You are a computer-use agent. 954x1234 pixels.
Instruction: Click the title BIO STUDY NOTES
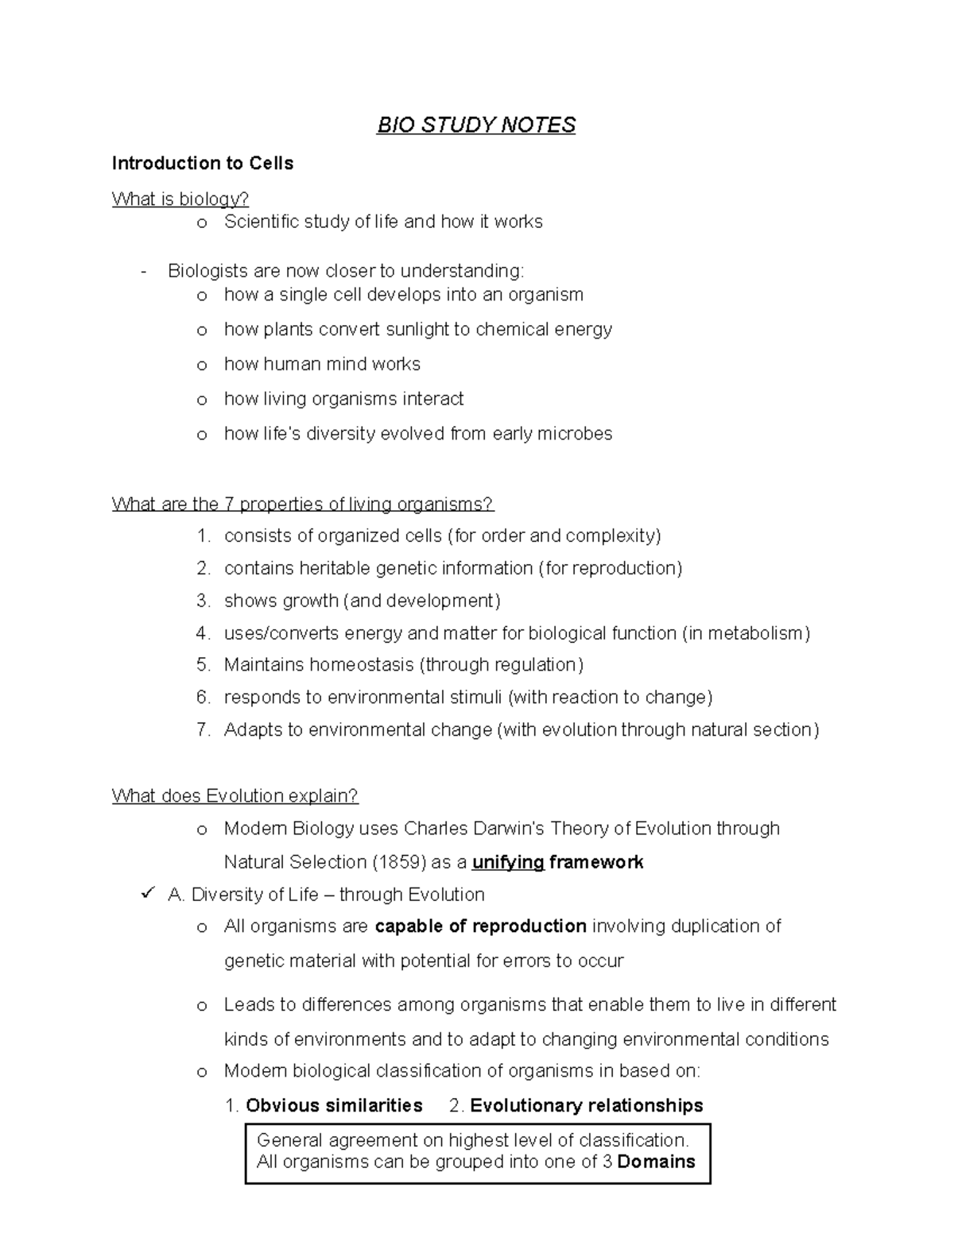pyautogui.click(x=476, y=125)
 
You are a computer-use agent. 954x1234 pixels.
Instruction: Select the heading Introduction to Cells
pyautogui.click(x=203, y=164)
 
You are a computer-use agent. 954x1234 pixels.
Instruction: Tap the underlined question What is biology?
pyautogui.click(x=180, y=199)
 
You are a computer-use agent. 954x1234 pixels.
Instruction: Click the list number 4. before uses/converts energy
pyautogui.click(x=203, y=633)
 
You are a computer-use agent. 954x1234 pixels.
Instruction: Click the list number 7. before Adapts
pyautogui.click(x=203, y=729)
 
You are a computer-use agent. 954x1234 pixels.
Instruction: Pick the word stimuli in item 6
pyautogui.click(x=472, y=697)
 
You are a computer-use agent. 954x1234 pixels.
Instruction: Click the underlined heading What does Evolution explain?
pyautogui.click(x=235, y=796)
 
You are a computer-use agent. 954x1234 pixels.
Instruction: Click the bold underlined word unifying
pyautogui.click(x=508, y=862)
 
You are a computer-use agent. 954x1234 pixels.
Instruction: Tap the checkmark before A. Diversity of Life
pyautogui.click(x=145, y=895)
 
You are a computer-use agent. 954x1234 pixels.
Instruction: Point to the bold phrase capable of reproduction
pyautogui.click(x=480, y=926)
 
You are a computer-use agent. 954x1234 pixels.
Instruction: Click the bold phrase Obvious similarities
pyautogui.click(x=334, y=1105)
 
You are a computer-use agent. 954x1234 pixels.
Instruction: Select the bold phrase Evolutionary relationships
pyautogui.click(x=586, y=1105)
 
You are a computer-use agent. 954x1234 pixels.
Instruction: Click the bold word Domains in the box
pyautogui.click(x=656, y=1162)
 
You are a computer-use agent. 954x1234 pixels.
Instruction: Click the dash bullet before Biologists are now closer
pyautogui.click(x=143, y=272)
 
